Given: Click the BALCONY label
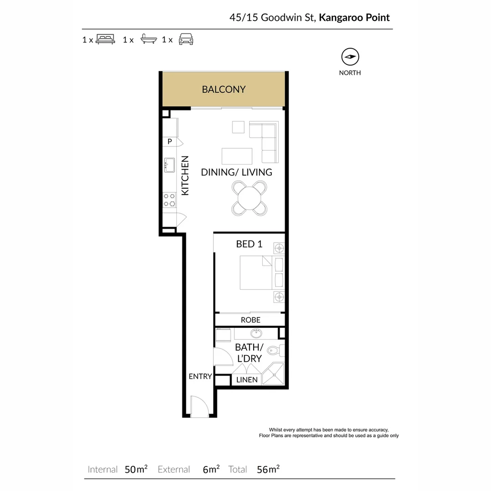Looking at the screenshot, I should pos(224,90).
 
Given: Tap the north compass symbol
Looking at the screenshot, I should pos(350,57).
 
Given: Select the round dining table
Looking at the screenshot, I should pos(250,198).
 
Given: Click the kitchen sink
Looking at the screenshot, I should pos(170,165).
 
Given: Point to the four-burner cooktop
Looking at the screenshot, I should pos(169,200).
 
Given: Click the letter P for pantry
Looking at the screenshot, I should pos(170,141).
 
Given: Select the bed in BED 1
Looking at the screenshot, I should pos(256,272).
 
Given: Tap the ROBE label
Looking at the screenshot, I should pos(251,320).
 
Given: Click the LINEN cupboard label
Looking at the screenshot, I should pos(247,380).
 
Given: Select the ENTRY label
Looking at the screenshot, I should pos(200,376).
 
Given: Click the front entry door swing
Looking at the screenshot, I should pos(199,406).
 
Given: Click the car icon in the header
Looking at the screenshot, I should pos(185,39).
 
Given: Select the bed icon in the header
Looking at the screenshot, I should pos(105,39).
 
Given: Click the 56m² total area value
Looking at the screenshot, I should pos(268,469).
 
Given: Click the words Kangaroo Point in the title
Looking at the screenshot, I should pos(354,18).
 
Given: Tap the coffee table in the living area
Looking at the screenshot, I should pos(237,156).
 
